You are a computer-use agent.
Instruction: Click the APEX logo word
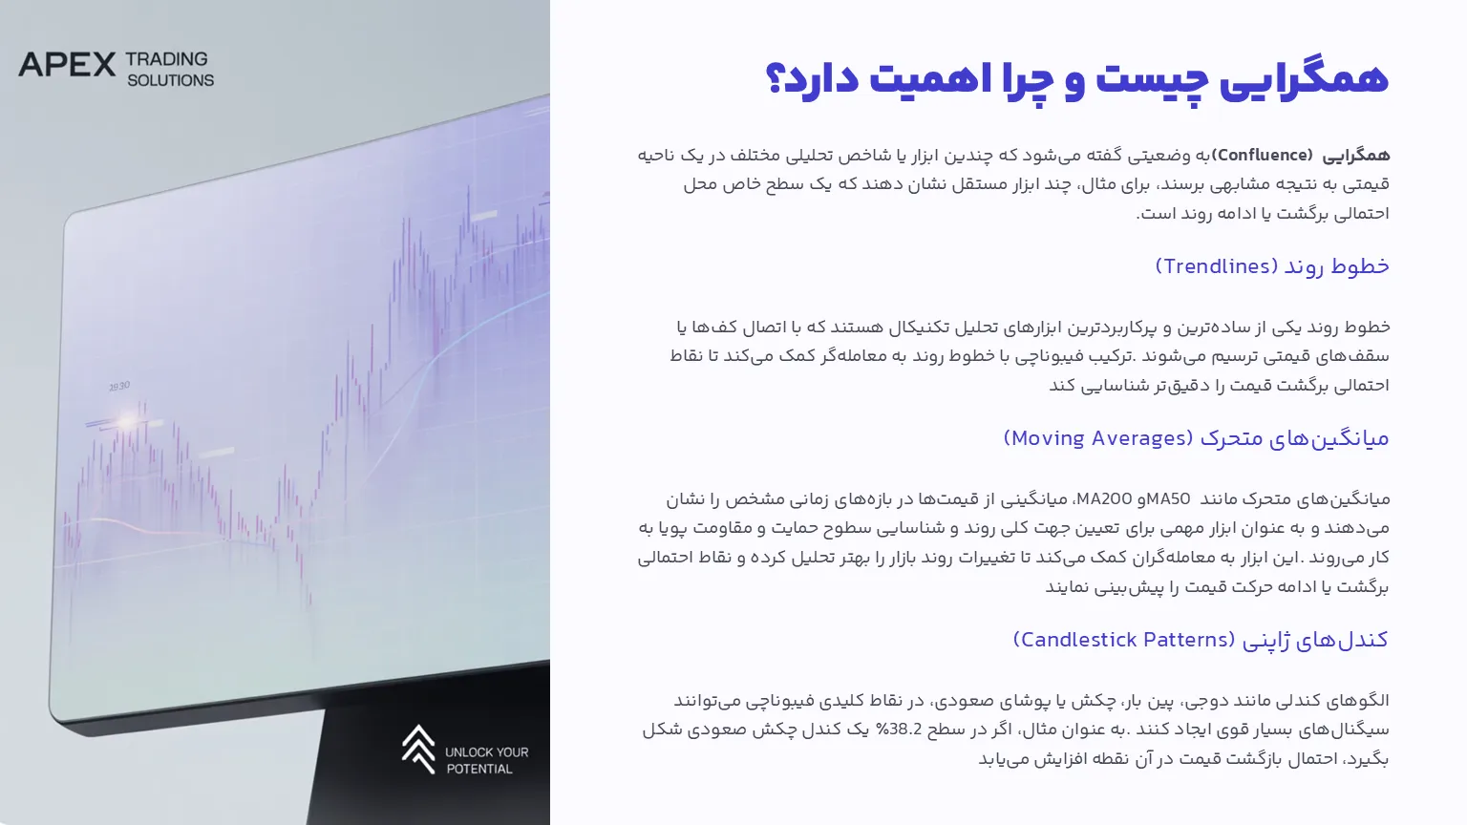[67, 65]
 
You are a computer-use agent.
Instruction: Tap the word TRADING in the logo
[166, 59]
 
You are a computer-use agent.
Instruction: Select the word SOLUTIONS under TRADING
[170, 80]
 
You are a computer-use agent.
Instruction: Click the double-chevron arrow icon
[418, 749]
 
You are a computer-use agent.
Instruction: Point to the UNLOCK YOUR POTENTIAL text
[486, 760]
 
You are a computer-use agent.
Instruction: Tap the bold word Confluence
[1262, 156]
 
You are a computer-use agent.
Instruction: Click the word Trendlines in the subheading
[1216, 266]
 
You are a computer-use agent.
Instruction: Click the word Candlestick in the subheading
[1078, 640]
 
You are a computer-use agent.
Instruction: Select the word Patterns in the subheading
[1184, 640]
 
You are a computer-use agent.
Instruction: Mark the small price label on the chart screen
[119, 387]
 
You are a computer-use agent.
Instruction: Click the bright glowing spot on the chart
[126, 420]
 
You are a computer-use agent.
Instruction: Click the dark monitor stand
[426, 753]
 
